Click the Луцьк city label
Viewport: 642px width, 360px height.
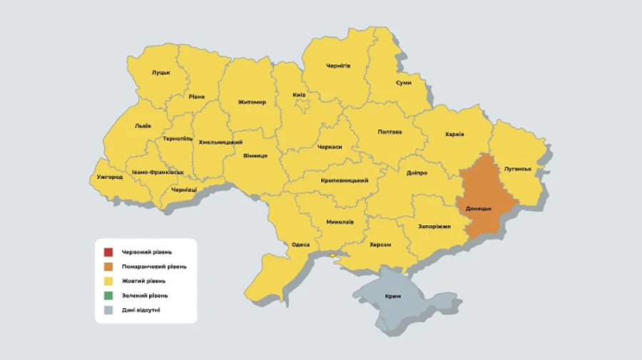pos(160,73)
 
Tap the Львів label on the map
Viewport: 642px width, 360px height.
pos(143,125)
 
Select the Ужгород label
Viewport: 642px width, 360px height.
pos(109,177)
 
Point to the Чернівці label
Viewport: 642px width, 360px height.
pos(184,190)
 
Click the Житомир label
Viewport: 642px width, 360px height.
pos(252,102)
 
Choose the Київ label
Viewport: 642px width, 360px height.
pos(300,95)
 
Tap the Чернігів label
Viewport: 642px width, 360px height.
pos(338,66)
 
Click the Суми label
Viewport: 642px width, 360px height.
pos(404,83)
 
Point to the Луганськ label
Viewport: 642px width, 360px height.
pos(517,169)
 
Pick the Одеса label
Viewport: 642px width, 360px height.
pos(300,245)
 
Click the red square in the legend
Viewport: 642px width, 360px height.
pos(108,252)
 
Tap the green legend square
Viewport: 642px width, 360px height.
pos(108,295)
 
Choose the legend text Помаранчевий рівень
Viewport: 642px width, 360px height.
pos(154,267)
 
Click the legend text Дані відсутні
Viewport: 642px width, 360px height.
pos(141,309)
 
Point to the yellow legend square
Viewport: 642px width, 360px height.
pos(108,281)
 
